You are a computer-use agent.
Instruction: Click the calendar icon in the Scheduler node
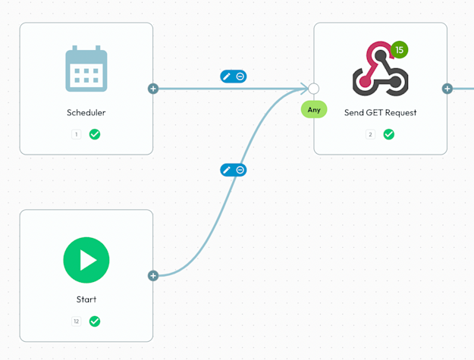(86, 69)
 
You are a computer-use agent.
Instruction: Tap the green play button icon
(86, 260)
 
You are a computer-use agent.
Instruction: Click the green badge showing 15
(400, 51)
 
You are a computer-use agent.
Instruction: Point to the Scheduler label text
(86, 113)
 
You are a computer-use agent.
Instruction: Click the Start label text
(86, 299)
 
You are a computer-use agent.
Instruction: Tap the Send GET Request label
(380, 113)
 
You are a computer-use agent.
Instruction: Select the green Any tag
(314, 110)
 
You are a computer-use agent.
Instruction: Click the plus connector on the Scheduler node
(153, 89)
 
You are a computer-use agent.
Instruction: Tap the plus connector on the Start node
(153, 276)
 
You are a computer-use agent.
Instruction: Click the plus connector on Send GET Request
(447, 89)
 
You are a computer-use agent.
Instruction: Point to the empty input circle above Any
(313, 89)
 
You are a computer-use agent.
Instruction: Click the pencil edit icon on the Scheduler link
(227, 77)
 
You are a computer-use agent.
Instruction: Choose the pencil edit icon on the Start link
(227, 171)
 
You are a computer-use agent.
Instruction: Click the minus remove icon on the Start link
(240, 171)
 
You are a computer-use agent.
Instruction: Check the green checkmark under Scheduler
(95, 134)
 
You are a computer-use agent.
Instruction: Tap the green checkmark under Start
(95, 321)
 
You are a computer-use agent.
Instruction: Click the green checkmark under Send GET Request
(389, 134)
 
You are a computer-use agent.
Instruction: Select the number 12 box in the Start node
(76, 321)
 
